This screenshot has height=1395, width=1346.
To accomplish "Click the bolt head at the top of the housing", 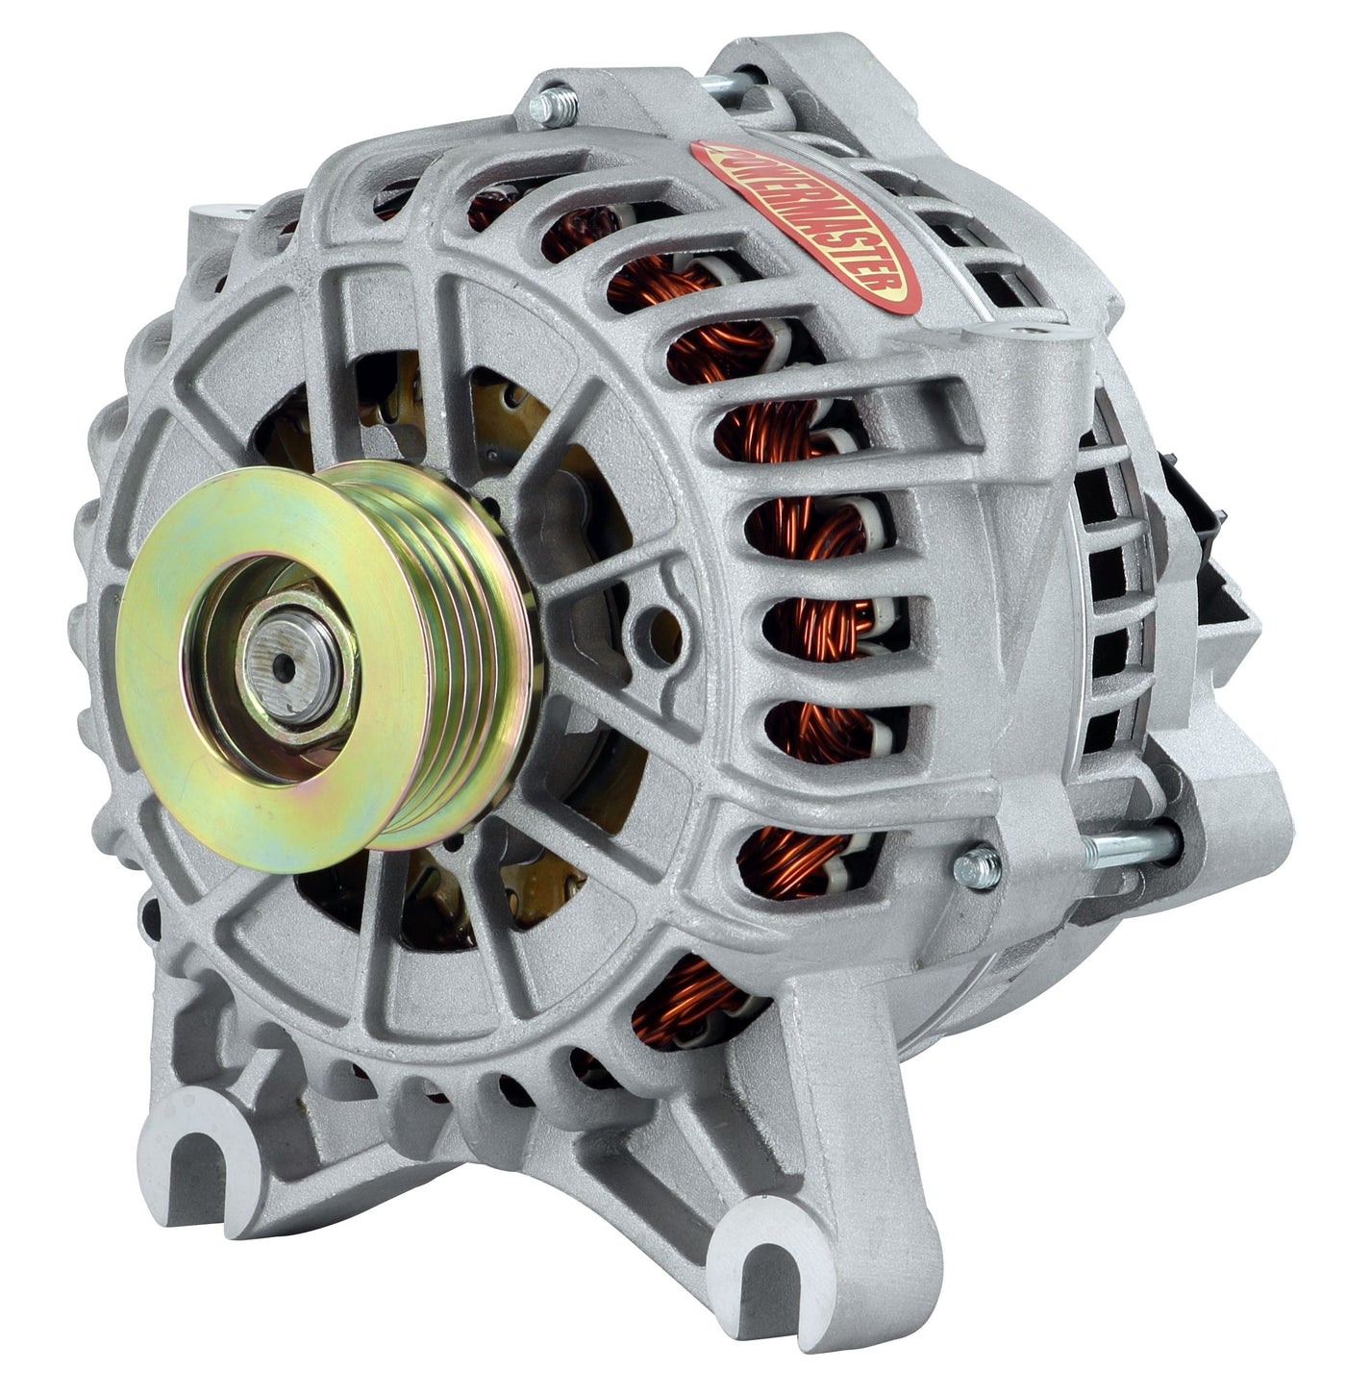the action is pyautogui.click(x=553, y=106).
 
